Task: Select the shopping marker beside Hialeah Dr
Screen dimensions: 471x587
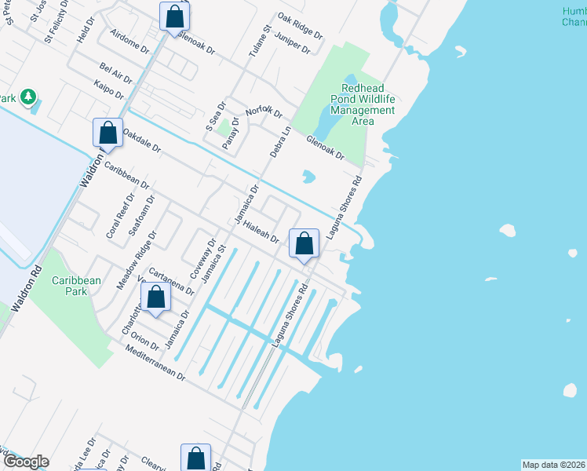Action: pos(304,244)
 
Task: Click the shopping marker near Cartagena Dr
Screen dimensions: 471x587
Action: pos(155,298)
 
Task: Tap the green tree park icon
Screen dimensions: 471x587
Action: pos(29,97)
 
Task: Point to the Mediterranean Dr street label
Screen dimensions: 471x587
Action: pos(155,367)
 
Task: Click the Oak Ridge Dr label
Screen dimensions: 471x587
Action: pos(300,27)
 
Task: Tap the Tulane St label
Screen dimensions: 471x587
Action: pos(261,42)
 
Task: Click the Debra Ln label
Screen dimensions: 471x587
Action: pos(280,142)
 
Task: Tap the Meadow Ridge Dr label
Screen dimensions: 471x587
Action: pos(137,260)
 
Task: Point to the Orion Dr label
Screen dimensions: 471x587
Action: pos(146,338)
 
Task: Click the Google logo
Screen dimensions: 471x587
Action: pos(25,462)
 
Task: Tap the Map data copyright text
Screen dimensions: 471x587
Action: pos(553,465)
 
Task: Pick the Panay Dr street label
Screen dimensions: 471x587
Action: pos(230,138)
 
